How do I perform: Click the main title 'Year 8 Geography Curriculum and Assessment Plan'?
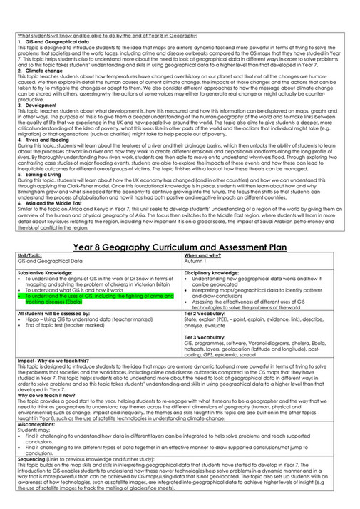[x=180, y=247]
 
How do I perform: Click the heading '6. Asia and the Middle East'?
[x=49, y=204]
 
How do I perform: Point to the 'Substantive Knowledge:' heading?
[x=46, y=272]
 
